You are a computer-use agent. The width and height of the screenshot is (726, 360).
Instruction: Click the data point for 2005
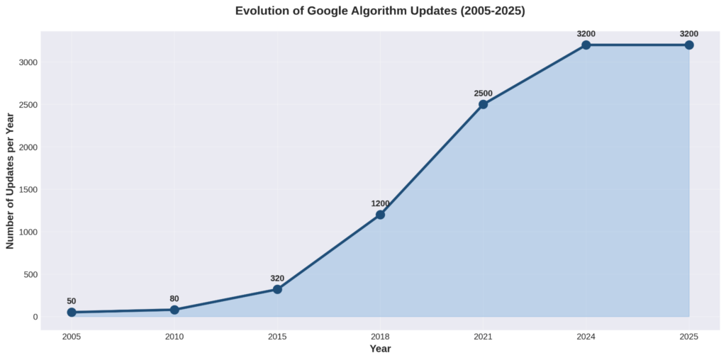click(72, 313)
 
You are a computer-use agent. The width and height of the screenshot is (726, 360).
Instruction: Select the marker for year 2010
click(174, 310)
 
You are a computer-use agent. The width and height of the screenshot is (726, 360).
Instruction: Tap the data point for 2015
click(277, 289)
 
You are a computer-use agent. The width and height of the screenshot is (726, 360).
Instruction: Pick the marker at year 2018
click(380, 215)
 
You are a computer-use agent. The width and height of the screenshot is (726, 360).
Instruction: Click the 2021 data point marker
click(483, 104)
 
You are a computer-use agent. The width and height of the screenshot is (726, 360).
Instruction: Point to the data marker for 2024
click(586, 45)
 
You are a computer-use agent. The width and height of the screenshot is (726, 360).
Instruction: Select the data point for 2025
click(689, 45)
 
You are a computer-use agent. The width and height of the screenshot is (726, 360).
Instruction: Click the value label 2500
click(483, 94)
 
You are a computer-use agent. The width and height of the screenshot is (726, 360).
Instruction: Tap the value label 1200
click(380, 204)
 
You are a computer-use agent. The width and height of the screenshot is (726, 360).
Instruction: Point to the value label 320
click(277, 279)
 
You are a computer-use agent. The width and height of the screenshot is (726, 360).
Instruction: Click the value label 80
click(174, 299)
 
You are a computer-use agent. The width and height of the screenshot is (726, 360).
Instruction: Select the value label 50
click(72, 301)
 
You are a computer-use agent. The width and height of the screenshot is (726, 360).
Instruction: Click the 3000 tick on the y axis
click(28, 62)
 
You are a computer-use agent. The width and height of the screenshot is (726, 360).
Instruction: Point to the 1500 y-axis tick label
click(28, 190)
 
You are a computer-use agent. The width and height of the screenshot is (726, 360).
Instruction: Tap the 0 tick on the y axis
click(34, 317)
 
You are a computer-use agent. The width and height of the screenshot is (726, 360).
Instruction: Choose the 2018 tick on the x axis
click(380, 337)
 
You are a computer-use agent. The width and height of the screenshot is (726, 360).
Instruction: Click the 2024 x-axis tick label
click(586, 337)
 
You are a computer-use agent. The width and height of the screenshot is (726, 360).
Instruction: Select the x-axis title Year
click(380, 349)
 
